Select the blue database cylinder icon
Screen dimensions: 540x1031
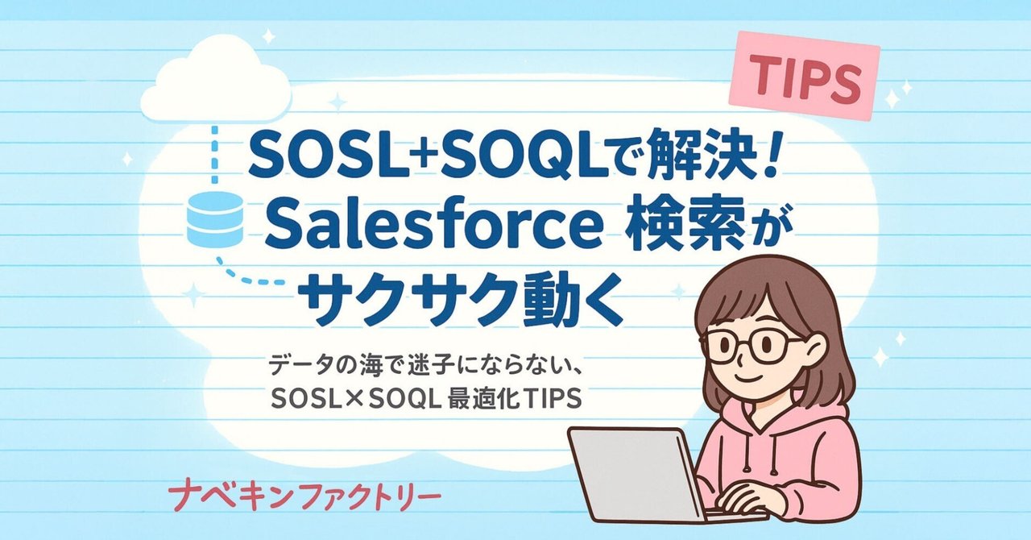214,219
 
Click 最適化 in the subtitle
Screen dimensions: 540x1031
501,400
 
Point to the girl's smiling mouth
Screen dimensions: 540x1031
754,378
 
